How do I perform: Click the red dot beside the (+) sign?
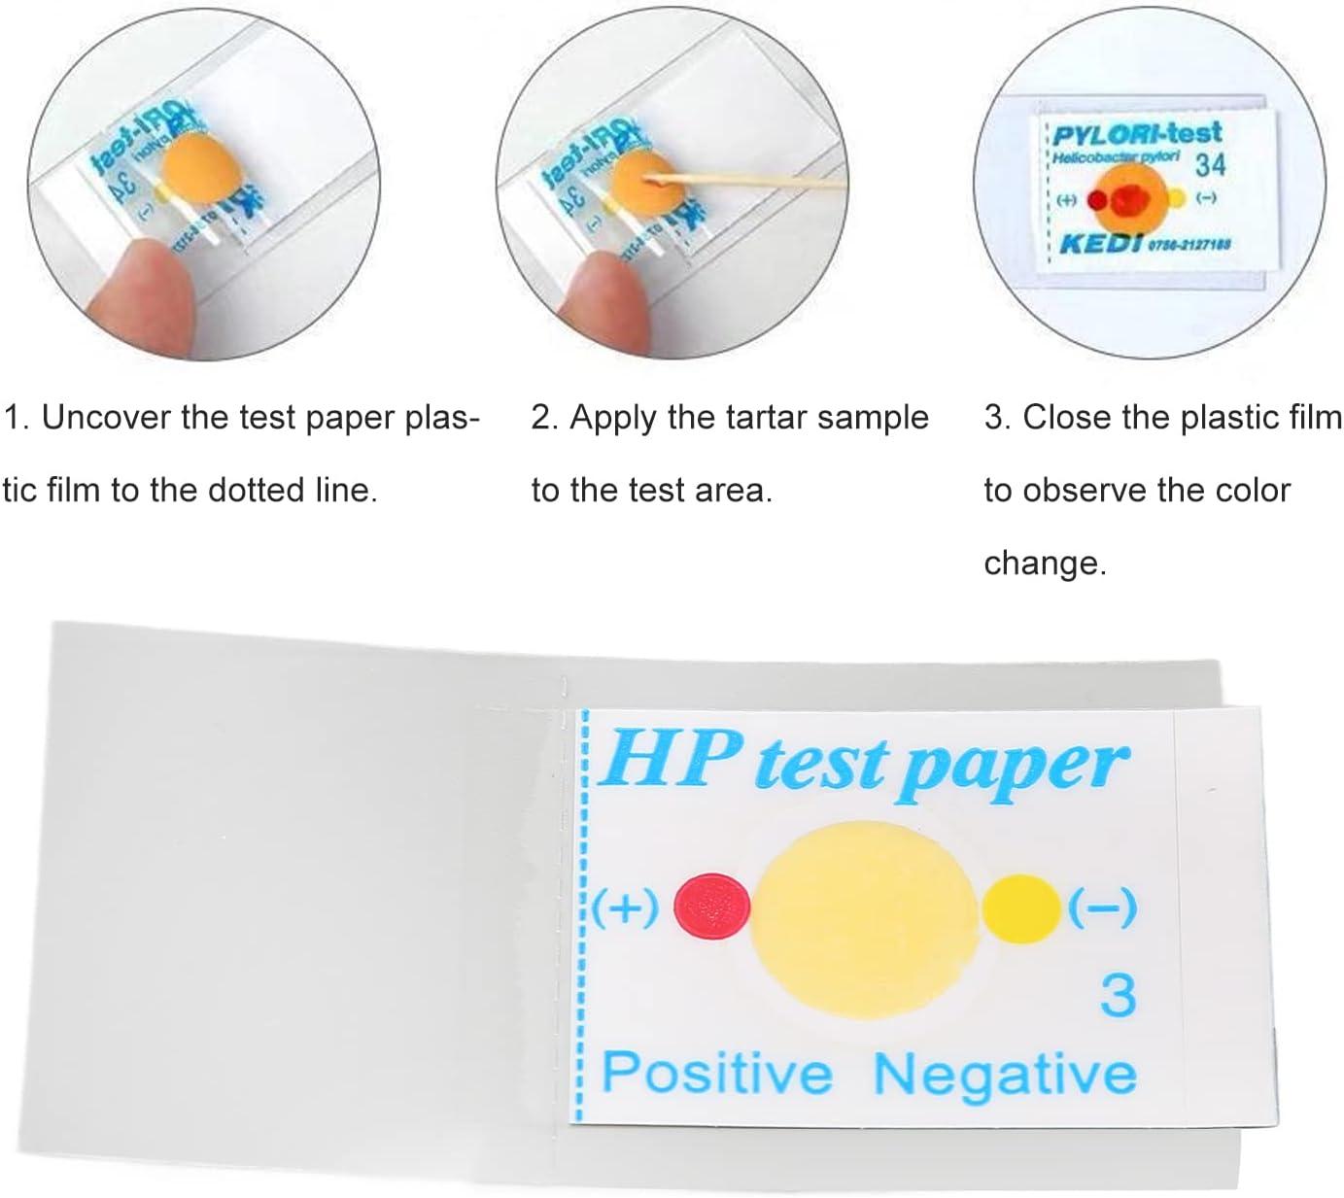coord(712,907)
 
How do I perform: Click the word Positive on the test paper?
coord(717,1073)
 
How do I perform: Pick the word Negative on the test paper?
coord(1005,1075)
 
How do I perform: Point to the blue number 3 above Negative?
coord(1118,996)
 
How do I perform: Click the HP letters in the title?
coord(672,759)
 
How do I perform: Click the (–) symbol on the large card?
coord(1102,908)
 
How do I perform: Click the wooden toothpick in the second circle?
coord(748,181)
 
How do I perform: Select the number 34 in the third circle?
coord(1210,165)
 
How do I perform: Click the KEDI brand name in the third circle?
coord(1100,242)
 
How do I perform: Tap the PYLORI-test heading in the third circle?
coord(1137,133)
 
